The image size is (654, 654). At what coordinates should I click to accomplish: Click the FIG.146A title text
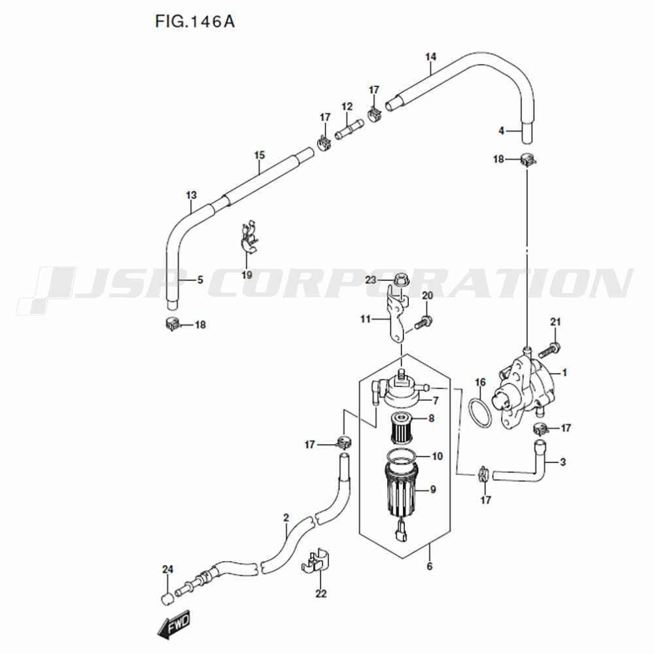click(x=195, y=22)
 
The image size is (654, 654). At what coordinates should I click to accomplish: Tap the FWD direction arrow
click(x=174, y=625)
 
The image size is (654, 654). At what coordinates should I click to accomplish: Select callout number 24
click(x=167, y=570)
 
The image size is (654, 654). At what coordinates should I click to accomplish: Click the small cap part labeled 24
click(x=167, y=599)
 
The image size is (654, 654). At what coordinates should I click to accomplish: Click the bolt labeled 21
click(x=549, y=350)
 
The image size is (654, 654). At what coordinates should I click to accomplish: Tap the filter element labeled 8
click(x=402, y=428)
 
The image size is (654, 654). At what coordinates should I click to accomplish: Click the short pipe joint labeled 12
click(x=349, y=129)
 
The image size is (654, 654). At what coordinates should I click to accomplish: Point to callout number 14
click(x=431, y=57)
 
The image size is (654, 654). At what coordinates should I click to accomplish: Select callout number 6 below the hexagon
click(x=430, y=566)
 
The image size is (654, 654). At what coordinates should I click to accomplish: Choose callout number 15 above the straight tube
click(x=260, y=155)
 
